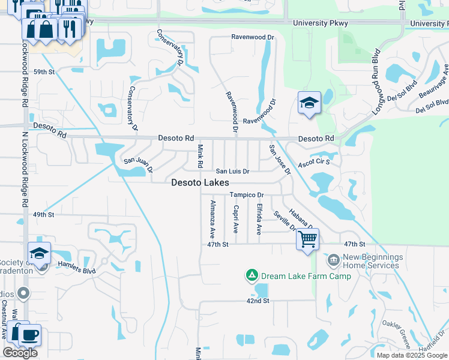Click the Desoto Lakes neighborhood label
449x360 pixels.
pyautogui.click(x=200, y=183)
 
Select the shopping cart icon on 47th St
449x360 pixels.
pyautogui.click(x=307, y=239)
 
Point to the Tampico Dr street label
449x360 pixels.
pyautogui.click(x=247, y=196)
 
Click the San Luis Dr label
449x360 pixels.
pyautogui.click(x=232, y=172)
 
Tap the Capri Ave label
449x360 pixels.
pyautogui.click(x=236, y=219)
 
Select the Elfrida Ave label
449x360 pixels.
pyautogui.click(x=259, y=219)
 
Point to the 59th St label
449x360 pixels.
pyautogui.click(x=44, y=71)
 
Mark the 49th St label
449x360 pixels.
pyautogui.click(x=44, y=214)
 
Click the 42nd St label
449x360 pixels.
pyautogui.click(x=257, y=301)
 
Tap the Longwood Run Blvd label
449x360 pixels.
pyautogui.click(x=377, y=73)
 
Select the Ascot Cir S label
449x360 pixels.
pyautogui.click(x=316, y=163)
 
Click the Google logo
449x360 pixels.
pyautogui.click(x=20, y=353)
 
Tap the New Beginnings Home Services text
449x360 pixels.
pyautogui.click(x=370, y=261)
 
